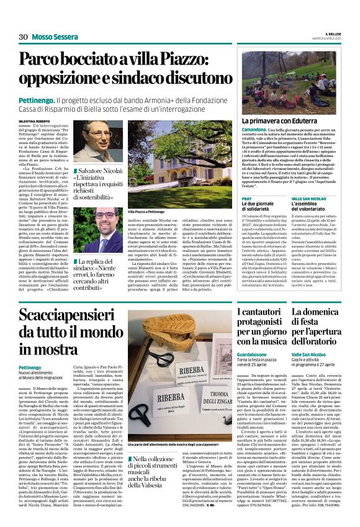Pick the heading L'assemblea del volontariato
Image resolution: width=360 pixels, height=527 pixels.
312,205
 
